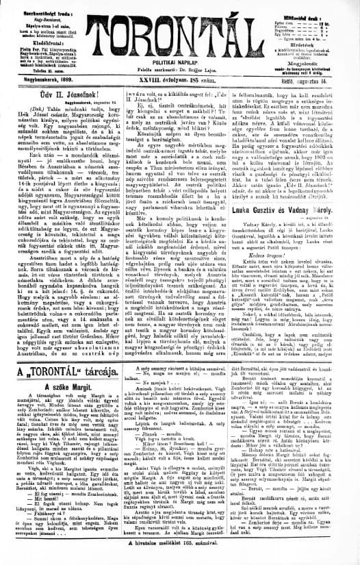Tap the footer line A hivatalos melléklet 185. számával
point(180,559)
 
